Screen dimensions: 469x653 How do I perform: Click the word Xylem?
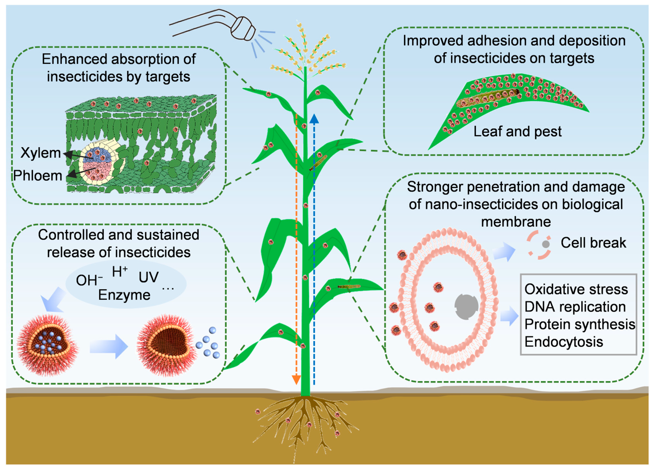pos(41,153)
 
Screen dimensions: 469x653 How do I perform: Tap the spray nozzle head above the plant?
pos(243,29)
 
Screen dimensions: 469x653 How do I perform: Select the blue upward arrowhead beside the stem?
pos(314,119)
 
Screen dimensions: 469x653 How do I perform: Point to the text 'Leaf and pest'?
pos(517,132)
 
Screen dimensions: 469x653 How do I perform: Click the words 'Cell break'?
pos(593,243)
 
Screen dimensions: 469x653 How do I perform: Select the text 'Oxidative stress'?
pos(576,289)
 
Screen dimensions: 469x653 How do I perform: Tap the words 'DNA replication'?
pos(575,307)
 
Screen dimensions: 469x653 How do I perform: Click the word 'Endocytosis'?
pos(564,342)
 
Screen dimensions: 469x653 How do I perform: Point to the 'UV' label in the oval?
pos(149,277)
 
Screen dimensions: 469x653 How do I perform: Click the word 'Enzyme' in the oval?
pos(124,295)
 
